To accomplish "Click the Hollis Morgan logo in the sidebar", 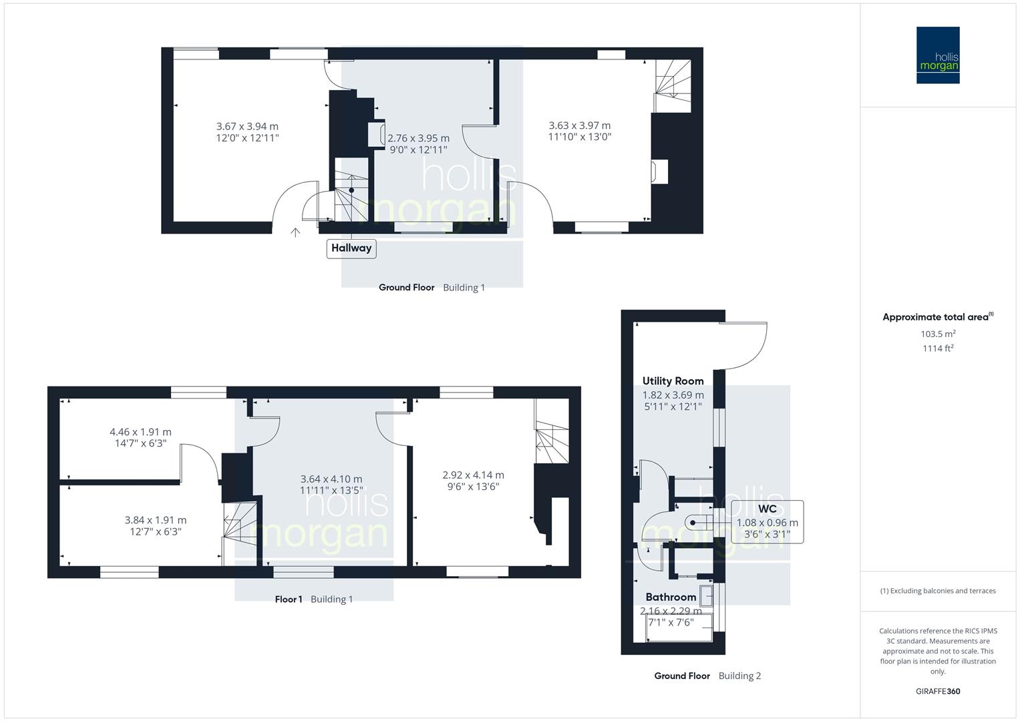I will pos(937,55).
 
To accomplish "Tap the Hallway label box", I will pos(351,248).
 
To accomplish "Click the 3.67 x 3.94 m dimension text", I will pos(247,126).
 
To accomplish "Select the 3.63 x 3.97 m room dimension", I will pos(579,126).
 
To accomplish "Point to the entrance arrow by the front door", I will pos(295,232).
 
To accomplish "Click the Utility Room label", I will pos(673,381).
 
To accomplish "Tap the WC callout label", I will pos(767,509).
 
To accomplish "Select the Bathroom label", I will pos(671,597).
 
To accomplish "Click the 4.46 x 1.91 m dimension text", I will pos(140,432).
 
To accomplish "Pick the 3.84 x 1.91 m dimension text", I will pos(156,520).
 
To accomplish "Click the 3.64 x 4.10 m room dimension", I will pos(331,479).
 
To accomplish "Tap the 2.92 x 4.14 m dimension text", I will pos(473,475).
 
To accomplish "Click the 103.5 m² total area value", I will pos(938,334).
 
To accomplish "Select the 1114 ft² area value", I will pos(938,348).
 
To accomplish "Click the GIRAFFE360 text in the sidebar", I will pos(938,692).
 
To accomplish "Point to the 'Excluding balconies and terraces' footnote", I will pos(938,591).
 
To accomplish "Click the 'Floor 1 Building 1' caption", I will pos(314,599).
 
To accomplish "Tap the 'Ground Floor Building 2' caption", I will pos(707,676).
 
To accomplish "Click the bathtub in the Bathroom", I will pos(679,629).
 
